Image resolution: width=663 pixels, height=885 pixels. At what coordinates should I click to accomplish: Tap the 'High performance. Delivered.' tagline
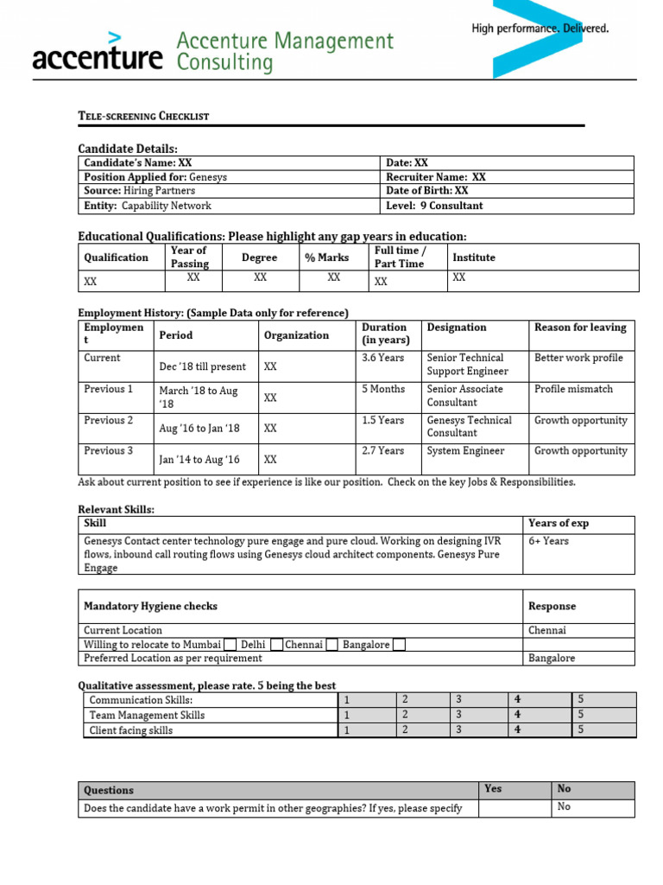pyautogui.click(x=540, y=29)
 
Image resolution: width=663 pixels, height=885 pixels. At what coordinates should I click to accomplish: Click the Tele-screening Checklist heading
pyautogui.click(x=143, y=116)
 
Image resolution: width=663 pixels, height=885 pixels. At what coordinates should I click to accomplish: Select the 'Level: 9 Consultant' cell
pyautogui.click(x=434, y=206)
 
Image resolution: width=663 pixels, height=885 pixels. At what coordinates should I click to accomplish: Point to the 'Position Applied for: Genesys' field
pyautogui.click(x=155, y=176)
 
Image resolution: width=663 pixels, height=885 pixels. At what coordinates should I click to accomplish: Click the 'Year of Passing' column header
pyautogui.click(x=190, y=258)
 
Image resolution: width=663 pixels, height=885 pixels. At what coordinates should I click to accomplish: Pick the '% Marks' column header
pyautogui.click(x=326, y=258)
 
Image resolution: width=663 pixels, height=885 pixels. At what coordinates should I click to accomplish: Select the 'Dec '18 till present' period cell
pyautogui.click(x=202, y=366)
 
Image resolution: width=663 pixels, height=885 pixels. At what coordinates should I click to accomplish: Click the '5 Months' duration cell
pyautogui.click(x=383, y=389)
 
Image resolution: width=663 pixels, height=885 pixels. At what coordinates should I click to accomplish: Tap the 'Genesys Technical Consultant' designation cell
pyautogui.click(x=469, y=426)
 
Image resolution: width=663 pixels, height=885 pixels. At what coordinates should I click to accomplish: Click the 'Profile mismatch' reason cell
pyautogui.click(x=573, y=389)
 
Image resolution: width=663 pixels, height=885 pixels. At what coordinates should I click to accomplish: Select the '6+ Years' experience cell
pyautogui.click(x=549, y=541)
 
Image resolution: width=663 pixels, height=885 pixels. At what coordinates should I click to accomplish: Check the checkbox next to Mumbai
pyautogui.click(x=230, y=645)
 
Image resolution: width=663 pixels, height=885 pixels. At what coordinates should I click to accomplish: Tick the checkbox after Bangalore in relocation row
pyautogui.click(x=398, y=645)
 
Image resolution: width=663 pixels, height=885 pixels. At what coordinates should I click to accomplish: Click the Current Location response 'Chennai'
pyautogui.click(x=547, y=630)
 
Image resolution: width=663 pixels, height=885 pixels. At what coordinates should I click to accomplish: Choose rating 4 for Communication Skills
pyautogui.click(x=517, y=699)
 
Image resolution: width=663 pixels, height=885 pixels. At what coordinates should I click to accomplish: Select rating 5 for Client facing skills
pyautogui.click(x=581, y=730)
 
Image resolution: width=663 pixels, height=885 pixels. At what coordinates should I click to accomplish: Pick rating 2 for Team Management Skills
pyautogui.click(x=405, y=715)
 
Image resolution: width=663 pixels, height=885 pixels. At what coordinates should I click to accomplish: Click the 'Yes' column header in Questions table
pyautogui.click(x=493, y=789)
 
